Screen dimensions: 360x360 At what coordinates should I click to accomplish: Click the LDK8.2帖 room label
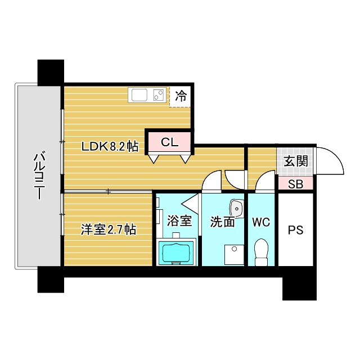(110, 146)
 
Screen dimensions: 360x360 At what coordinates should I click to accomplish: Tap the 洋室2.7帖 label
(109, 229)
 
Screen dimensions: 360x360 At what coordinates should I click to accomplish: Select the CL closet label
(169, 142)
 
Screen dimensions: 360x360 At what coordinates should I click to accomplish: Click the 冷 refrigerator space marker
(181, 96)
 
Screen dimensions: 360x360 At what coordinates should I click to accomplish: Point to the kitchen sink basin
(139, 95)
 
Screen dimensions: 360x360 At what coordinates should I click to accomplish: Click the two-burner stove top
(159, 95)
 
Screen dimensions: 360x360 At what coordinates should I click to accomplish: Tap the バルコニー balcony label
(39, 175)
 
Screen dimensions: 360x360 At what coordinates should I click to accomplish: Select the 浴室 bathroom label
(179, 220)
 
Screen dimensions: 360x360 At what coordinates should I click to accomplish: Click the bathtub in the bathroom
(176, 253)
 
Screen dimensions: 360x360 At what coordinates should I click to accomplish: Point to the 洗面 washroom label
(223, 222)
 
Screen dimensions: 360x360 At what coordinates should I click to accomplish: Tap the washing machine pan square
(234, 255)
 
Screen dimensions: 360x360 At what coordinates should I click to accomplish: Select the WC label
(261, 222)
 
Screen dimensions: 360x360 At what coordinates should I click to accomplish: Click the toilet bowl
(261, 252)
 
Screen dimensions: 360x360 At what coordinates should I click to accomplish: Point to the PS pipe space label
(296, 230)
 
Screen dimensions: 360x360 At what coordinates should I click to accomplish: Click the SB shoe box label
(296, 184)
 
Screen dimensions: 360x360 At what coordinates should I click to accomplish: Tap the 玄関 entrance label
(296, 161)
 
